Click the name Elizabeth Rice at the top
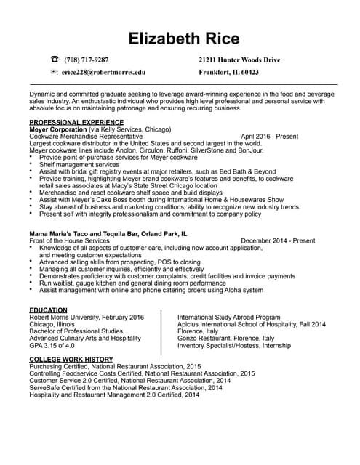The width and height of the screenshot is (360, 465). click(x=180, y=37)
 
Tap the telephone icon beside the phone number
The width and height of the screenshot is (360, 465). click(x=55, y=60)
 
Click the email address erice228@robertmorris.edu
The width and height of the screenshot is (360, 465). click(x=104, y=73)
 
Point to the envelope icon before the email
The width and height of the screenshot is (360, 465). click(x=55, y=73)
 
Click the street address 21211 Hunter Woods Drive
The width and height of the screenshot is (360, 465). click(x=239, y=60)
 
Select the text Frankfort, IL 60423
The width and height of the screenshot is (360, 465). click(x=228, y=73)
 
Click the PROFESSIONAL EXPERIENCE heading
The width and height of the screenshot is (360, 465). click(x=76, y=121)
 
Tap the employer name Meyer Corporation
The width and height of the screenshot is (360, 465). click(x=57, y=129)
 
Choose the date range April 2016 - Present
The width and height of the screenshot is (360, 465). click(x=269, y=136)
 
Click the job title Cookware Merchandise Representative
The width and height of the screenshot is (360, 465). click(x=86, y=136)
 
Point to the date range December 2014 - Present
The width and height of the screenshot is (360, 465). click(x=278, y=240)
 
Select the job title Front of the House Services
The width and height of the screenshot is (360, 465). click(x=69, y=240)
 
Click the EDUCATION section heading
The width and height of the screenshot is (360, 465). click(x=48, y=310)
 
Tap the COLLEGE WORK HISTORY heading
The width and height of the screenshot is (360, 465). click(x=71, y=359)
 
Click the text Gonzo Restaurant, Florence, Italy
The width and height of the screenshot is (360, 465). click(x=225, y=338)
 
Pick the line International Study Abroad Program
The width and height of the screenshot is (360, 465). click(x=229, y=318)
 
